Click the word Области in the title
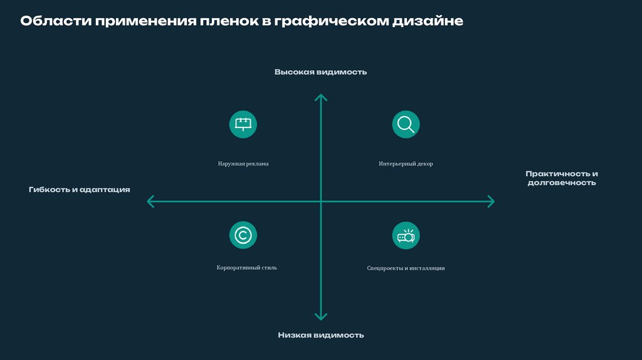(x=55, y=21)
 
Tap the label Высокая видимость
(x=320, y=72)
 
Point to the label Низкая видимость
(x=320, y=335)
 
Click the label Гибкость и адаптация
(x=79, y=189)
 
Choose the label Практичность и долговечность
(x=561, y=178)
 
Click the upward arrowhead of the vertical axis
(x=320, y=97)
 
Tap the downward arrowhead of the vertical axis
(x=320, y=317)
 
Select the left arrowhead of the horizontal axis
(x=150, y=201)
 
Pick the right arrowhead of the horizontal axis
(x=490, y=201)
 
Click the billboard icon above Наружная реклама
(x=243, y=124)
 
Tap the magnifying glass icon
(x=406, y=124)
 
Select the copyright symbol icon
(x=243, y=235)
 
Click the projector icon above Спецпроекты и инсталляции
(x=406, y=236)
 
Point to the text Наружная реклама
(x=243, y=164)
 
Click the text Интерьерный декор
(x=406, y=164)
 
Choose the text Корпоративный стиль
(x=246, y=267)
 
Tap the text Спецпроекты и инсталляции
(x=406, y=268)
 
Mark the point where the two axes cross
(x=320, y=201)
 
